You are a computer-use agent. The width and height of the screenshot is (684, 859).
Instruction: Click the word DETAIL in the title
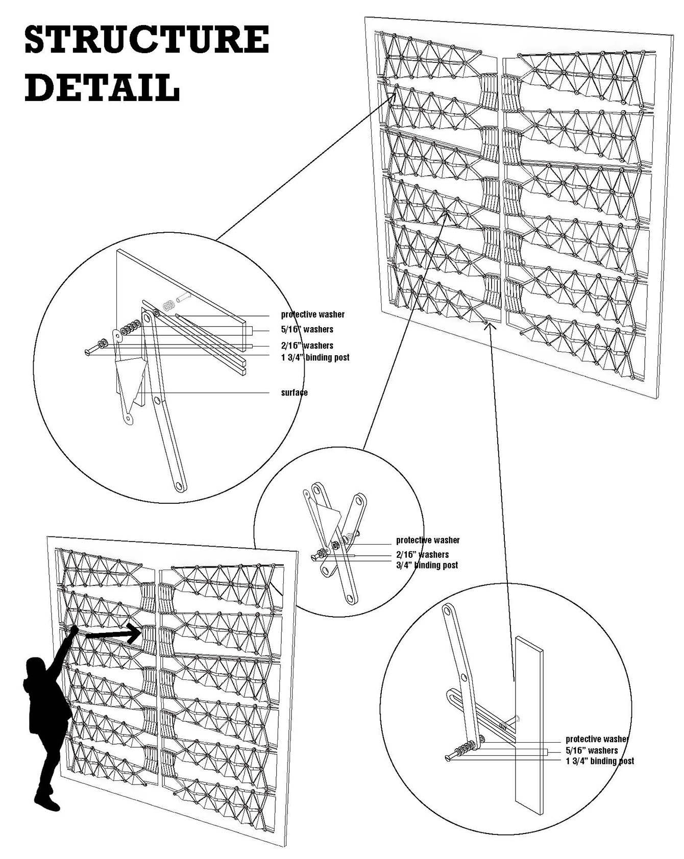[x=102, y=88]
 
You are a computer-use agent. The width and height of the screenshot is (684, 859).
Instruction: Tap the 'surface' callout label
[x=294, y=392]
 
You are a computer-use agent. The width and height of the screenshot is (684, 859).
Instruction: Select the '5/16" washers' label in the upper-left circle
[x=307, y=329]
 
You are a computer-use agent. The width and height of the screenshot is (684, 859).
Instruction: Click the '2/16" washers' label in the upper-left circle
[x=307, y=346]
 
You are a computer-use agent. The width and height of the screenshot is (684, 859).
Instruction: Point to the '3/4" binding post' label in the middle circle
[x=427, y=565]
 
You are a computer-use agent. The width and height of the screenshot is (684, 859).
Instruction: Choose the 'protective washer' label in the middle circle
[x=428, y=540]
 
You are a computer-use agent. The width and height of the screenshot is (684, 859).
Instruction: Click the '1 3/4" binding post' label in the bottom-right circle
[x=599, y=761]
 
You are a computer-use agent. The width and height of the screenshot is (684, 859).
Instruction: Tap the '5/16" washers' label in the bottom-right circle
[x=591, y=750]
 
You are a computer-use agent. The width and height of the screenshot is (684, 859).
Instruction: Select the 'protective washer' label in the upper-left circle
[x=312, y=314]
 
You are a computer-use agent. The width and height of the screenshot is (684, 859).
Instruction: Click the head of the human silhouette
[x=36, y=668]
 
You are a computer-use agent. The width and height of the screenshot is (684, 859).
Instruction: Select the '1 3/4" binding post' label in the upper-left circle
[x=315, y=357]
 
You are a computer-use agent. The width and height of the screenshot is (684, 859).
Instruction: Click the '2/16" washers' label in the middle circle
[x=422, y=554]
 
